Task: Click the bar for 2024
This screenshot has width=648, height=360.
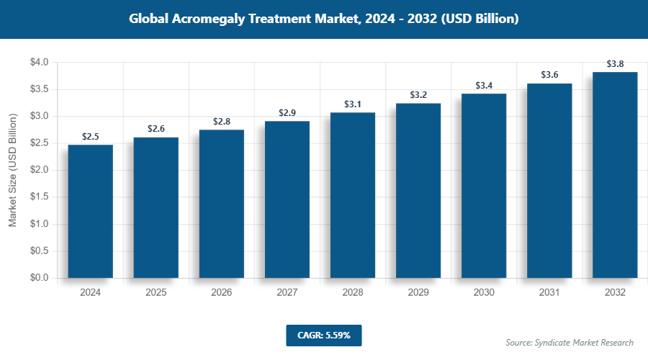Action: pos(90,212)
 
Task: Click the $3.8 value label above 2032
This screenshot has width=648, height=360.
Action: pos(615,64)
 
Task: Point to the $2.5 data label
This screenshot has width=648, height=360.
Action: pos(90,136)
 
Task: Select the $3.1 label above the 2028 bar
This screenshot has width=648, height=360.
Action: pos(353,104)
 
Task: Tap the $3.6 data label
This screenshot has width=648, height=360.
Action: pos(549,75)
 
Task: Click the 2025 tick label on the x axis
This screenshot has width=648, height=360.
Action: pos(156,293)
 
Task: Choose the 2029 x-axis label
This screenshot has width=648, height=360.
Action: pos(418,293)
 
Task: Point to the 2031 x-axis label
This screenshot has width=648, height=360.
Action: pos(549,293)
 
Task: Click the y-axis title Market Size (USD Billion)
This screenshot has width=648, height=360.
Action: pos(12,171)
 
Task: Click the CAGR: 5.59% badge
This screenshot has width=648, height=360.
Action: pos(323,335)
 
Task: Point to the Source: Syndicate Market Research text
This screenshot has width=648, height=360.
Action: pos(569,342)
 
